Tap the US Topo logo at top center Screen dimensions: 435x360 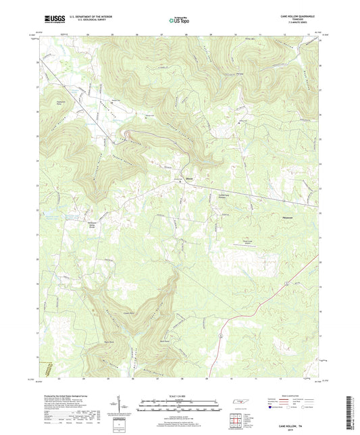coord(179,20)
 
